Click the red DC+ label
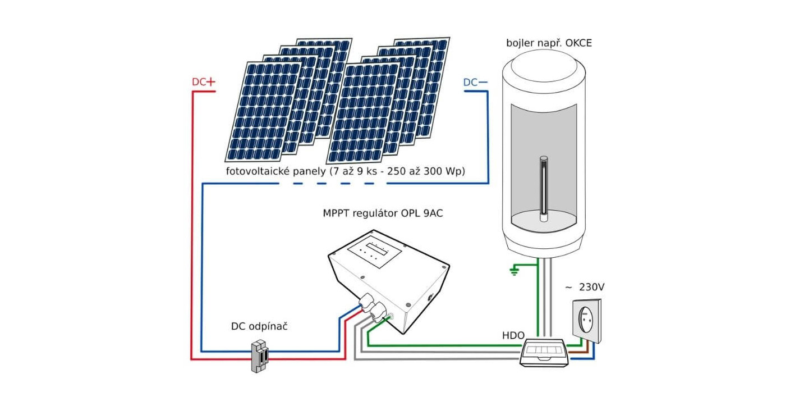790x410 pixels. pyautogui.click(x=204, y=82)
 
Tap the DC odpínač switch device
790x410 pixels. pyautogui.click(x=259, y=356)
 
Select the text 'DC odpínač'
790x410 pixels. pyautogui.click(x=259, y=326)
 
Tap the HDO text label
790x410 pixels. pyautogui.click(x=513, y=335)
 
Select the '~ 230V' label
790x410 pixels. pyautogui.click(x=585, y=287)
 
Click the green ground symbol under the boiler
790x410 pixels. pyautogui.click(x=513, y=271)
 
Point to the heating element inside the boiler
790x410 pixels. pyautogui.click(x=542, y=188)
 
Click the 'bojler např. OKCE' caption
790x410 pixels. pyautogui.click(x=549, y=43)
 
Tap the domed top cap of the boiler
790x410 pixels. pyautogui.click(x=543, y=65)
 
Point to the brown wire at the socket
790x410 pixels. pyautogui.click(x=579, y=352)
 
